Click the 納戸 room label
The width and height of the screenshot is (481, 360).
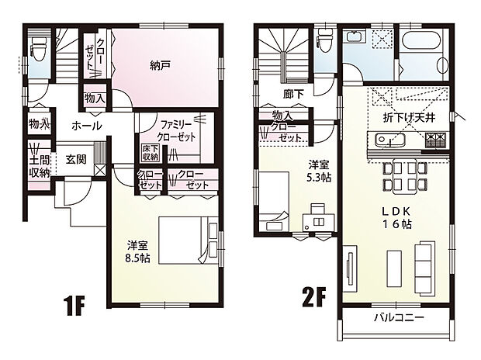click(x=160, y=66)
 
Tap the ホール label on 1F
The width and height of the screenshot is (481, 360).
click(x=85, y=125)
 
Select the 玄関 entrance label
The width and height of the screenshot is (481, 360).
click(x=76, y=159)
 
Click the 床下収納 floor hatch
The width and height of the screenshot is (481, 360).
click(x=149, y=152)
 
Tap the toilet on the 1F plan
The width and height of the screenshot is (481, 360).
click(x=37, y=51)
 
